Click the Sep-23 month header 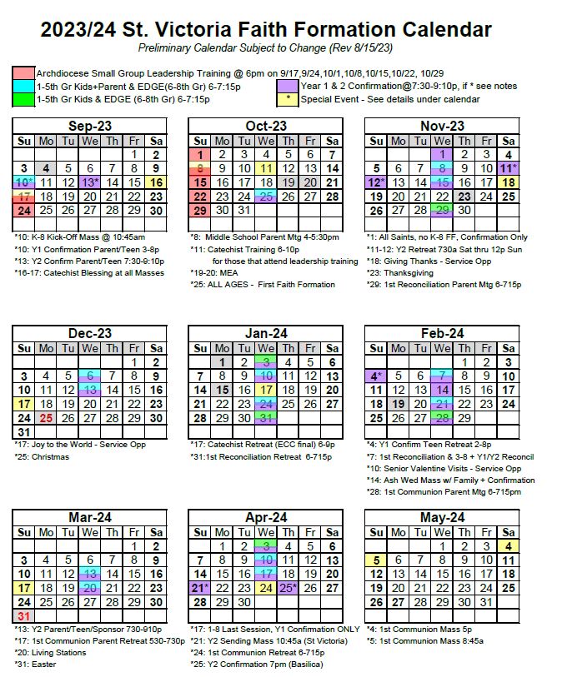pyautogui.click(x=90, y=127)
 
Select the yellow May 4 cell pyautogui.click(x=508, y=546)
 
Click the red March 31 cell pyautogui.click(x=23, y=615)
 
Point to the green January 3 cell pyautogui.click(x=266, y=362)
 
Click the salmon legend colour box pyautogui.click(x=23, y=73)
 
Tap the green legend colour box pyautogui.click(x=23, y=99)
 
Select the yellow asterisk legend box pyautogui.click(x=288, y=99)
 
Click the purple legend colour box pyautogui.click(x=288, y=86)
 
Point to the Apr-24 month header pyautogui.click(x=266, y=518)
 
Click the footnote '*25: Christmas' pyautogui.click(x=43, y=457)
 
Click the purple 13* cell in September pyautogui.click(x=90, y=182)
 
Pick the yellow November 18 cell pyautogui.click(x=508, y=182)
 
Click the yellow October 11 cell pyautogui.click(x=266, y=168)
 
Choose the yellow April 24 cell pyautogui.click(x=266, y=587)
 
